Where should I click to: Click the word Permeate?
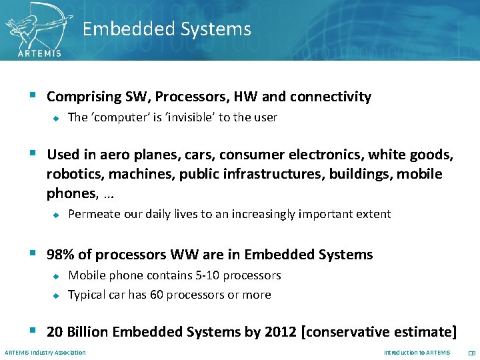tap(94, 214)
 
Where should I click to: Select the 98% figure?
tap(60, 255)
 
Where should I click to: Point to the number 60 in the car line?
tap(157, 295)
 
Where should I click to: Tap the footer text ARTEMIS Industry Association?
tap(45, 353)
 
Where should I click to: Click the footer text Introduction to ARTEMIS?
tap(417, 353)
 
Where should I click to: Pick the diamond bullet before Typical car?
tap(57, 295)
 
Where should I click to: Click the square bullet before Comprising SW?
tap(33, 97)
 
